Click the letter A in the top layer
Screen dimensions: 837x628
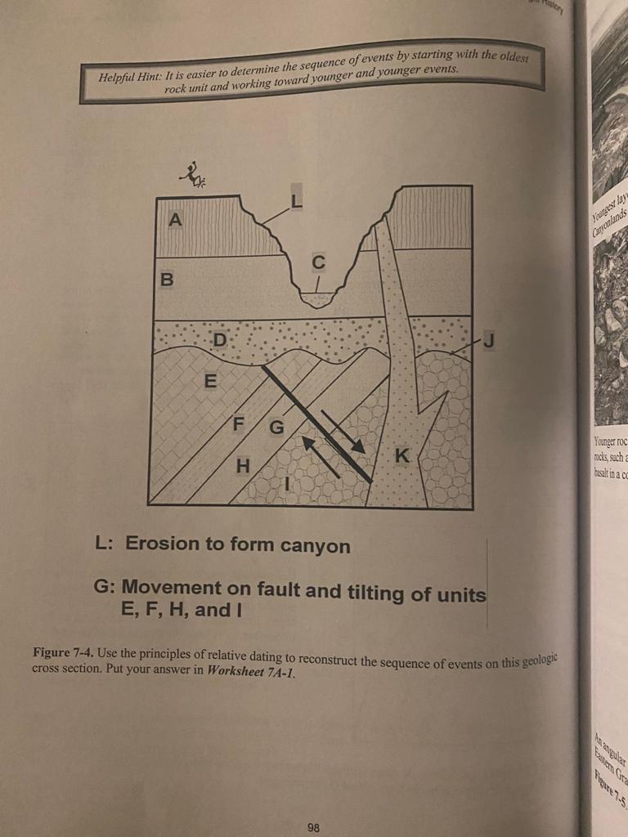coord(174,220)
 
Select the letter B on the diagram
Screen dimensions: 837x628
coord(168,280)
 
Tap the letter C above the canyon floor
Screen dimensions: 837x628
coord(318,263)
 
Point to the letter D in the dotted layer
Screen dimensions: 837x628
coord(219,338)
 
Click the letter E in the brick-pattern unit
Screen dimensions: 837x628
coord(210,381)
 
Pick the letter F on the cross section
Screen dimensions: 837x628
coord(239,424)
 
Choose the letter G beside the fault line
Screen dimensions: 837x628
coord(276,427)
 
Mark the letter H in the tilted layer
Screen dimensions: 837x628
coord(242,467)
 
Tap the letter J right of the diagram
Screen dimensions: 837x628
coord(488,339)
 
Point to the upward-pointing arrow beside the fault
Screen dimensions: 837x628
coord(321,457)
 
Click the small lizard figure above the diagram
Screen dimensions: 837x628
coord(193,173)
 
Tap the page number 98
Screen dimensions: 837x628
coord(314,827)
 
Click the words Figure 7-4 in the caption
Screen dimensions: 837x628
coord(61,653)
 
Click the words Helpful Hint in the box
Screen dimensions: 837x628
coord(129,78)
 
